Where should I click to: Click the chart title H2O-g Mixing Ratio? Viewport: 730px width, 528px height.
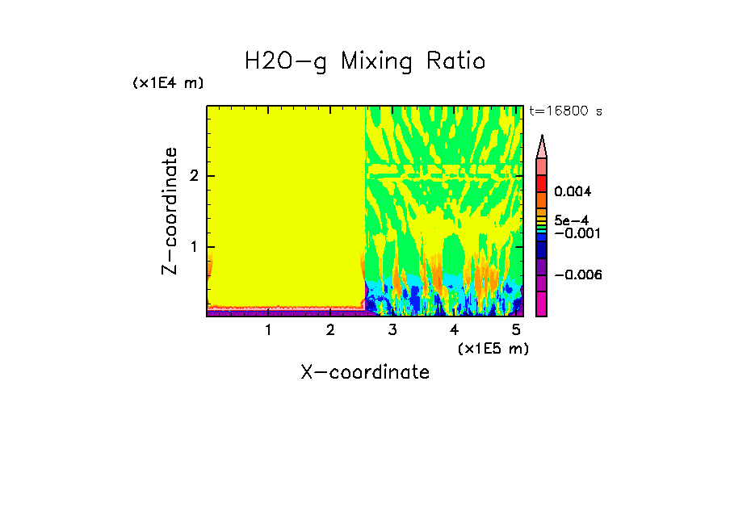(365, 61)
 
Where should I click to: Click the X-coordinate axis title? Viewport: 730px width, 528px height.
(365, 371)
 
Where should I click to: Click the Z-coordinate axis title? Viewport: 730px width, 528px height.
(170, 211)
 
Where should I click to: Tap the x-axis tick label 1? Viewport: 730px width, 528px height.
(268, 329)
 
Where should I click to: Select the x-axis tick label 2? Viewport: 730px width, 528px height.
(330, 329)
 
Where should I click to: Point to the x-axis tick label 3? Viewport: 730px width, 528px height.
(392, 329)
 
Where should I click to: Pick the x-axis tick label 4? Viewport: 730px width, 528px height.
(454, 329)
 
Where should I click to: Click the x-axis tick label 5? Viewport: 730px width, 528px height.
(515, 329)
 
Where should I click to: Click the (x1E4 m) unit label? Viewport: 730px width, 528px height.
(169, 83)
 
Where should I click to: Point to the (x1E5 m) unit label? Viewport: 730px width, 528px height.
(493, 348)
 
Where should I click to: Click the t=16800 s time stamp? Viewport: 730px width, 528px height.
(565, 111)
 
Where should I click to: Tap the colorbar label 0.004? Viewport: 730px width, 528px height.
(573, 192)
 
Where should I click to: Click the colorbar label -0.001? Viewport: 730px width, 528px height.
(573, 233)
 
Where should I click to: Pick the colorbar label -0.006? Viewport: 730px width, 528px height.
(580, 275)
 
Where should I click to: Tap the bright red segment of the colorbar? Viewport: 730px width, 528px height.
(542, 183)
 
